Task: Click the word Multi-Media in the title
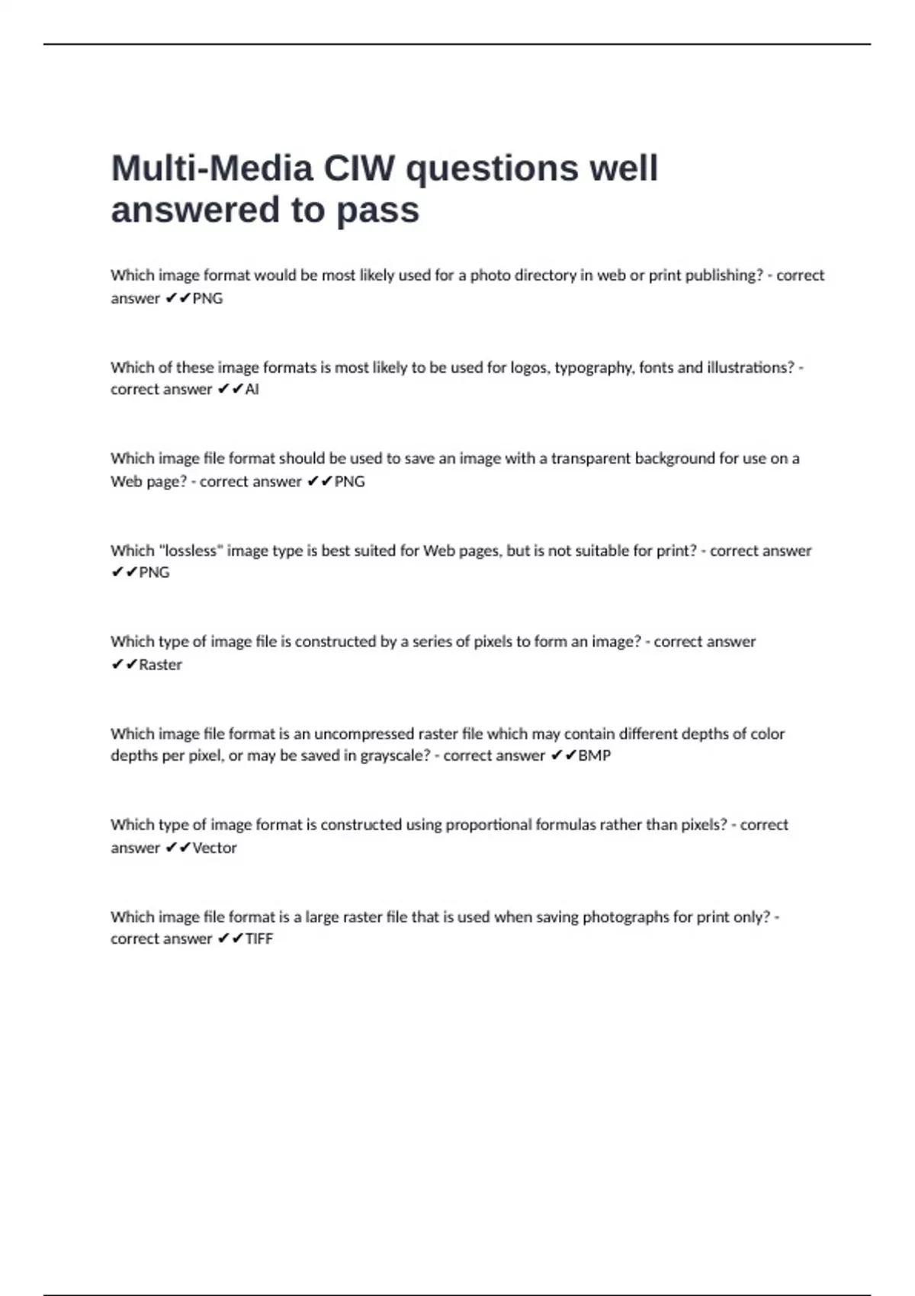coord(211,168)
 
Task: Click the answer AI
coord(252,390)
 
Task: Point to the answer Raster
coord(160,665)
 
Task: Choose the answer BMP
coord(595,755)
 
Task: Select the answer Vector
coord(214,848)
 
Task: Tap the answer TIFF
coord(259,939)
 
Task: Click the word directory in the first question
coord(546,275)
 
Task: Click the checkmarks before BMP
coord(563,755)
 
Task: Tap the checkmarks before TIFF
coord(230,939)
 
